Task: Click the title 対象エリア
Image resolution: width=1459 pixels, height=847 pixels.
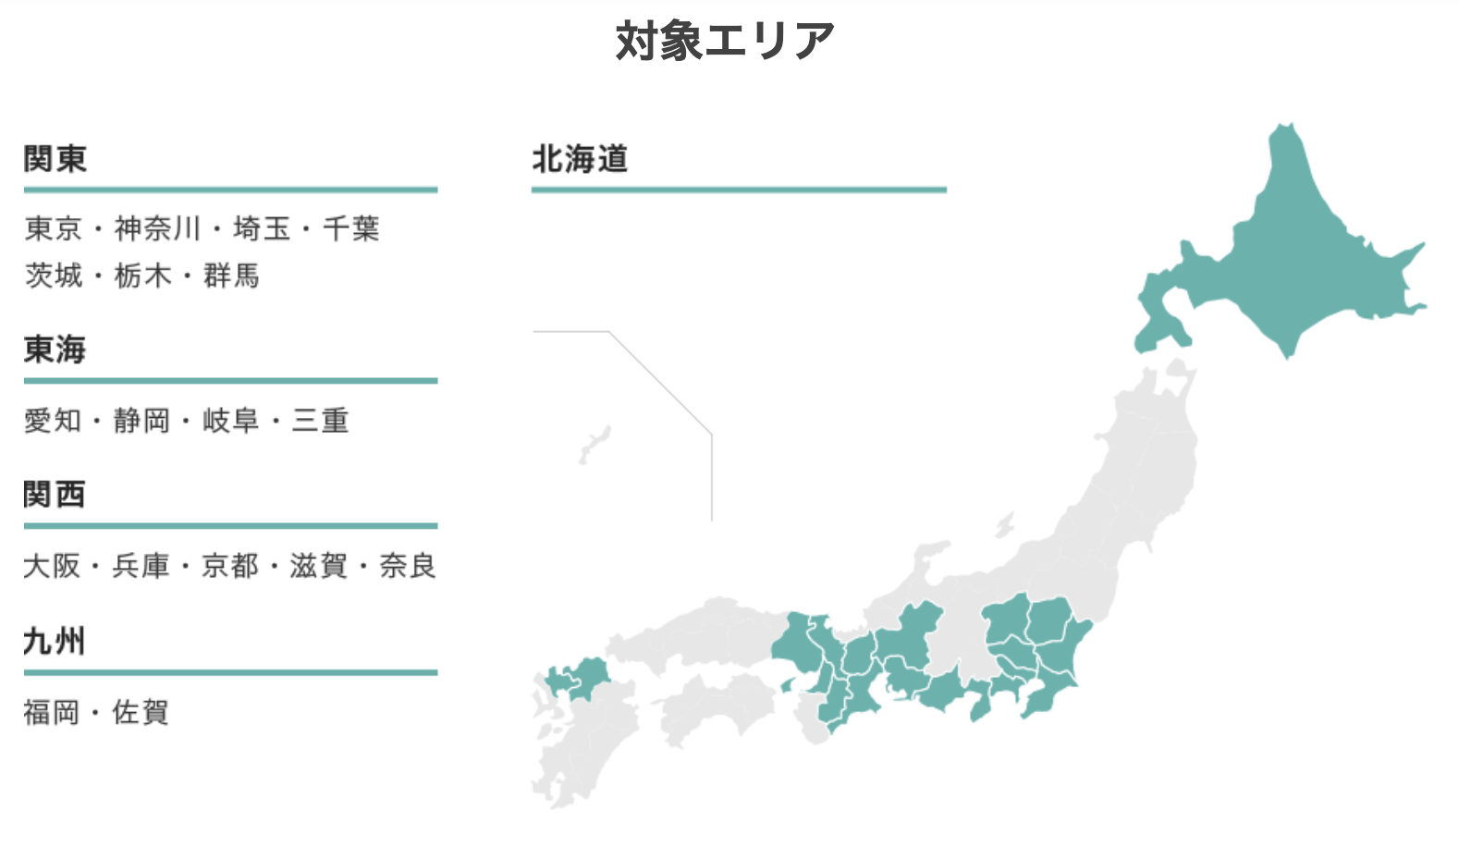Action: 725,41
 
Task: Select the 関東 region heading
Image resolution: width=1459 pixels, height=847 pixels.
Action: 55,159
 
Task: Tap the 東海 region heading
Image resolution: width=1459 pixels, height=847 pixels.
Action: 55,350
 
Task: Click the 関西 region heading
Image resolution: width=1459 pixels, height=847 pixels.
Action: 55,495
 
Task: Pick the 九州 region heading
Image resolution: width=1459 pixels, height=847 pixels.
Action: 55,641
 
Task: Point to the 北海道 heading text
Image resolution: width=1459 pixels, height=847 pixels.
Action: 581,159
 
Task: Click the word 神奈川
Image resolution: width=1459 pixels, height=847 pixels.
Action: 157,228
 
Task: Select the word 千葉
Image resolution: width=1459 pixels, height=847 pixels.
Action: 351,228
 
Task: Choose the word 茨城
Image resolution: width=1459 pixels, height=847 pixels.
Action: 54,276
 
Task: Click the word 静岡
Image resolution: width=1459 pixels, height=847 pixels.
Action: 142,421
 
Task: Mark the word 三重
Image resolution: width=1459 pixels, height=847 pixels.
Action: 321,421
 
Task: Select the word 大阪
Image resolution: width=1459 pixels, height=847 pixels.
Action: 52,566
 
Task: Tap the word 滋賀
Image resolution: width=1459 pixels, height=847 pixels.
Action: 319,566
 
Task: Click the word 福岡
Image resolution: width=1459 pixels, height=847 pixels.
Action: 52,712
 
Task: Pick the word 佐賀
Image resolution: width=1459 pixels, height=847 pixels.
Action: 141,712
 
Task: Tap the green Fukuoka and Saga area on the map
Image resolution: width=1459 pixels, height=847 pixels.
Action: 578,680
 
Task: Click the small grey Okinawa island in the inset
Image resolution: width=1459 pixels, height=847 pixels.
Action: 595,444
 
